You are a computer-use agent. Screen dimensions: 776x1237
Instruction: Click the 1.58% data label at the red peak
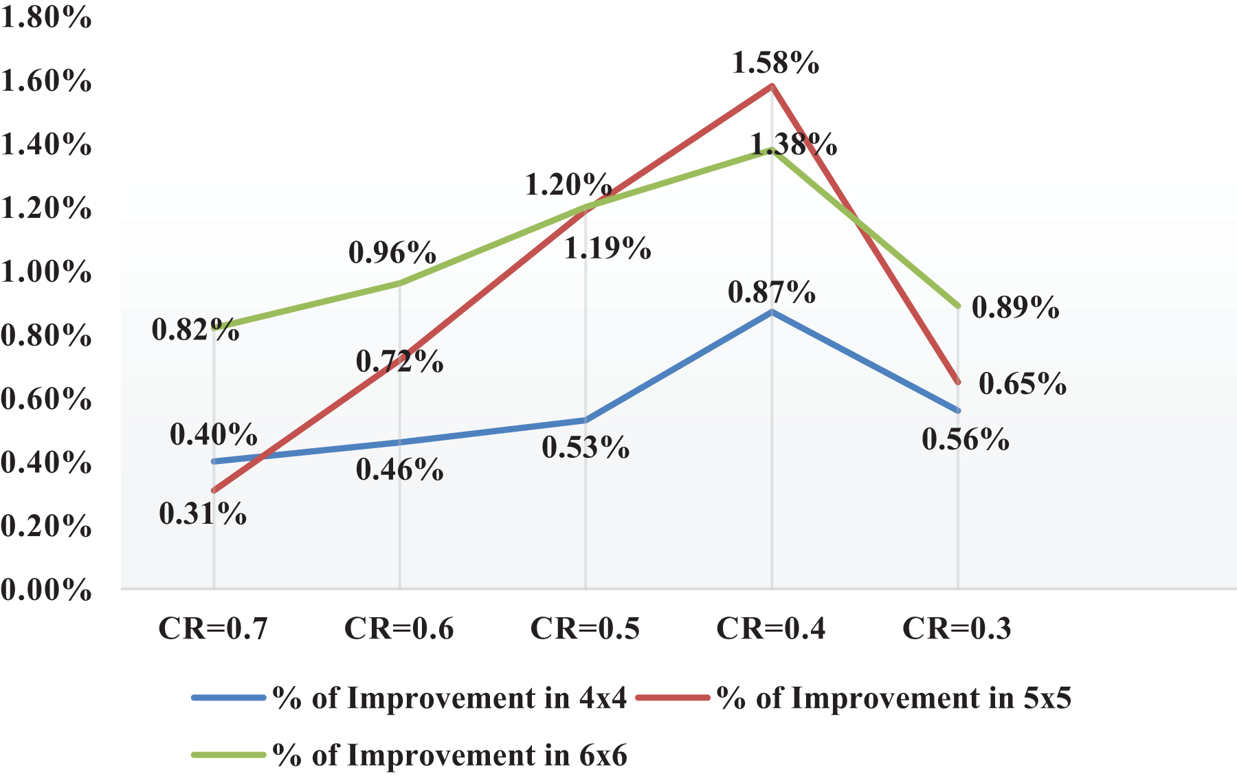[x=775, y=63]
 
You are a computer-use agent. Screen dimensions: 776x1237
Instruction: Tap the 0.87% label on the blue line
[x=772, y=293]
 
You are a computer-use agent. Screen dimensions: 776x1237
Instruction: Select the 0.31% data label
[x=203, y=514]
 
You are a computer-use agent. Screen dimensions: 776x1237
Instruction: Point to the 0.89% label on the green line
[x=1015, y=307]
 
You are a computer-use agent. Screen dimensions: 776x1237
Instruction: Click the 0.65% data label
[x=1023, y=384]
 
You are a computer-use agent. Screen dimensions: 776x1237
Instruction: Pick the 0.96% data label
[x=392, y=253]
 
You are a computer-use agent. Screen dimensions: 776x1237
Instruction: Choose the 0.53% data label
[x=586, y=447]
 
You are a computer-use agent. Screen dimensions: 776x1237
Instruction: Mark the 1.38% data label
[x=793, y=145]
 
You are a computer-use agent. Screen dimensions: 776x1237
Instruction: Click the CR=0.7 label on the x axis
[x=213, y=628]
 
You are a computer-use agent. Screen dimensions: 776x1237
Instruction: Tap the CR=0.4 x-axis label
[x=771, y=628]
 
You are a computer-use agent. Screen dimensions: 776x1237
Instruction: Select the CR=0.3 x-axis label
[x=957, y=628]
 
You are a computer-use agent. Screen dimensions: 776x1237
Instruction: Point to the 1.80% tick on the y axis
[x=46, y=18]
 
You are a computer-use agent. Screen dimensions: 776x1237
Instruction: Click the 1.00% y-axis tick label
[x=46, y=272]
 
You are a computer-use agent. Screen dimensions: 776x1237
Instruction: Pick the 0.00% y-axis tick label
[x=46, y=590]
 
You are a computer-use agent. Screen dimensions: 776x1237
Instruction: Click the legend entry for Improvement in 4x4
[x=449, y=698]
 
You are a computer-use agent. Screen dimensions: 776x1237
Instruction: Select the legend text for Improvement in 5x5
[x=893, y=698]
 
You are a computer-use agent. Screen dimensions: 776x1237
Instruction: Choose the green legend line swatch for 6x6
[x=228, y=755]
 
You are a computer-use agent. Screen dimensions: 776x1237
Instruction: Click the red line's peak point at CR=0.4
[x=772, y=87]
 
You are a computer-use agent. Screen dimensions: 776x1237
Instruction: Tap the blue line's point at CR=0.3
[x=957, y=410]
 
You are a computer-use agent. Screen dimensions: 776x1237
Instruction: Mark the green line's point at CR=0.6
[x=399, y=283]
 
